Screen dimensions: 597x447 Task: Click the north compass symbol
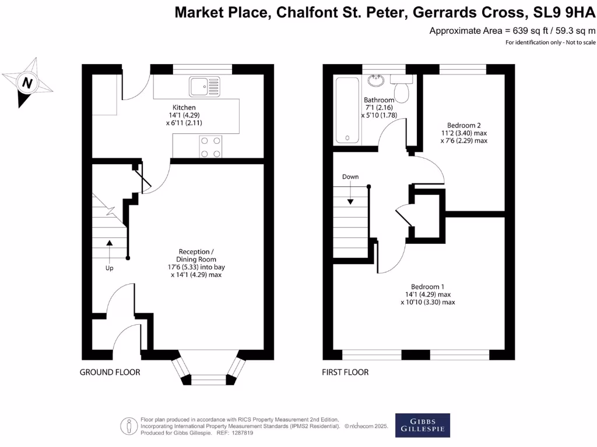[x=27, y=83]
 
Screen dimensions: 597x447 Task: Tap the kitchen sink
[x=205, y=87]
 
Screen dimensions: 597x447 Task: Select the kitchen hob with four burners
[x=211, y=146]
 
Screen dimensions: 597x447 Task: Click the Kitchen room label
[x=184, y=108]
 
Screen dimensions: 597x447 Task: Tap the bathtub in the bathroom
[x=347, y=110]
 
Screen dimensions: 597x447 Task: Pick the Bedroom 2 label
[x=464, y=125]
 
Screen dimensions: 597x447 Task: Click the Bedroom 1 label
[x=428, y=286]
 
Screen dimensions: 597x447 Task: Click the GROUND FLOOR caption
[x=110, y=372]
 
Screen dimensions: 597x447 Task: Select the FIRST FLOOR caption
[x=345, y=372]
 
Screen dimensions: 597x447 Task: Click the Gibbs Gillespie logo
[x=422, y=425]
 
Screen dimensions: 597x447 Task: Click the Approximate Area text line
[x=512, y=31]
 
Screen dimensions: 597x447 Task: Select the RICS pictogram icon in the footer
[x=128, y=425]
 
